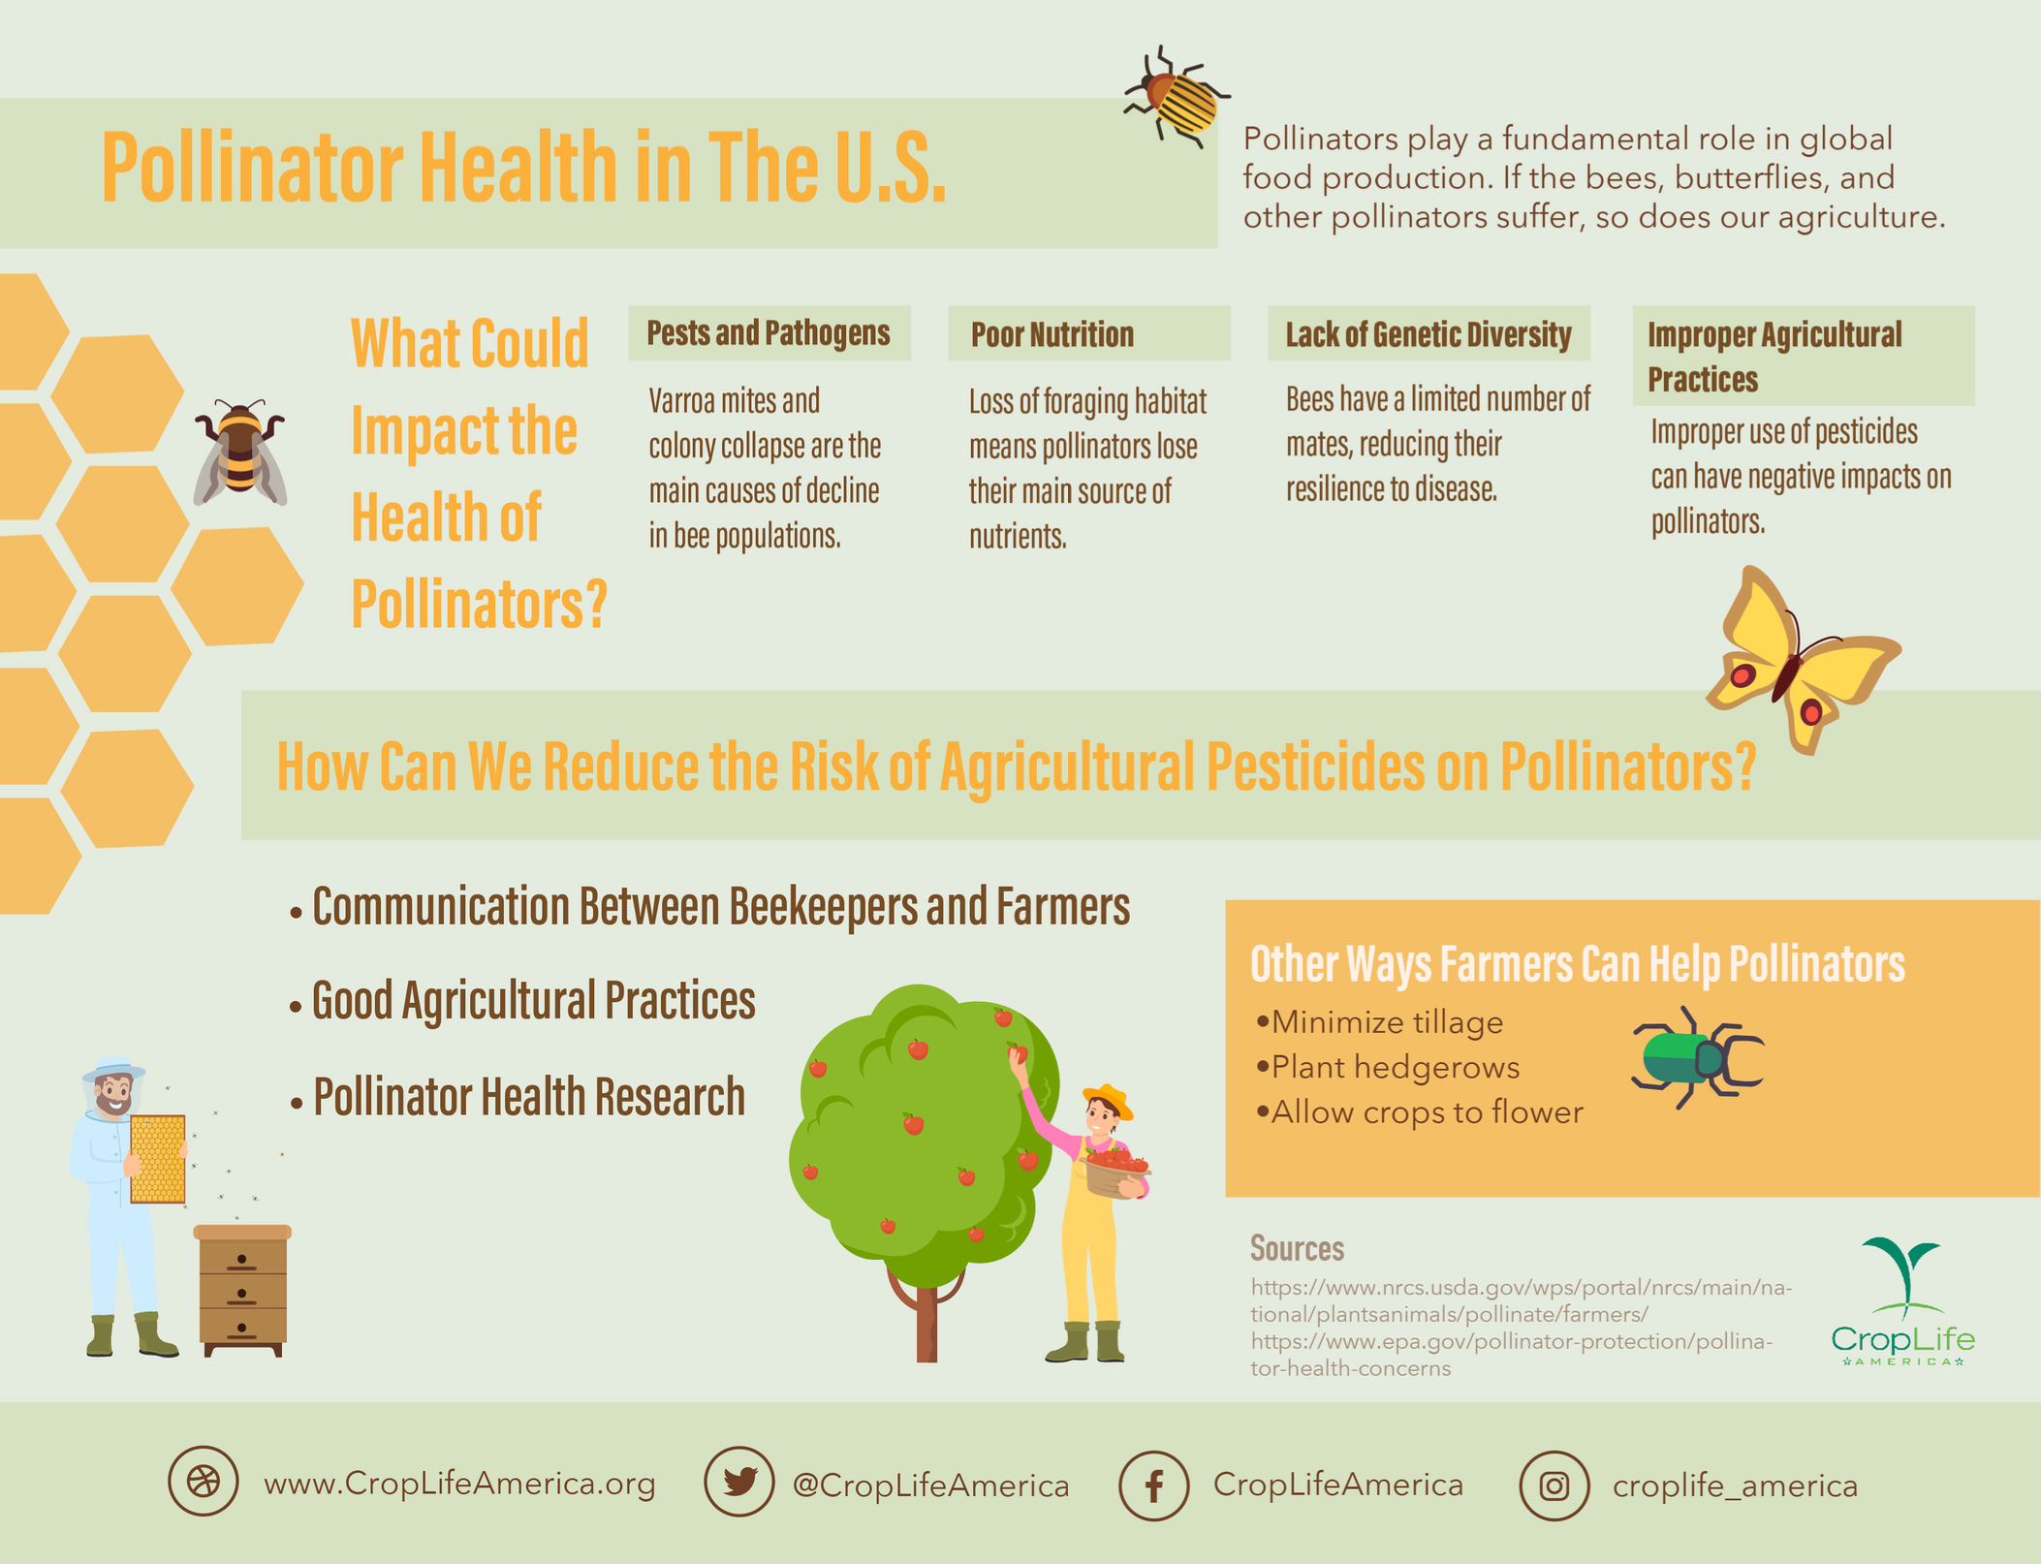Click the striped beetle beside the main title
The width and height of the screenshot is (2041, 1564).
tap(1177, 97)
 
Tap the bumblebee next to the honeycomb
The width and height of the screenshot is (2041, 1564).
tap(239, 454)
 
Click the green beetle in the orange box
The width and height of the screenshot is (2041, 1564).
tap(1695, 1057)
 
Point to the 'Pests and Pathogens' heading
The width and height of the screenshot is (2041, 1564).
tap(768, 333)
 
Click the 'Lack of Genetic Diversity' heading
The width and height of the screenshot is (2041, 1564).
tap(1428, 335)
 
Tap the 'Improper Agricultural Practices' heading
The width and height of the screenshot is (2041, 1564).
tap(1774, 357)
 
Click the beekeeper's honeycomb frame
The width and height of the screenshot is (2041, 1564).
tap(157, 1159)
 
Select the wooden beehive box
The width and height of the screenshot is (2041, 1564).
tap(242, 1290)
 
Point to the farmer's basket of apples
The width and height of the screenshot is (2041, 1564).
tap(1115, 1172)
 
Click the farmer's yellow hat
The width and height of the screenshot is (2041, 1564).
tap(1108, 1100)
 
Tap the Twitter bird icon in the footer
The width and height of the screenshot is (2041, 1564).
tap(738, 1482)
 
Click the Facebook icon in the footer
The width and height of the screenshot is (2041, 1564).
tap(1153, 1486)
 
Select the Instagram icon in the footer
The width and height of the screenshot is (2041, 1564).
tap(1554, 1486)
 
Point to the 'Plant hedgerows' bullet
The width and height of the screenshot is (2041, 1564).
tap(1395, 1068)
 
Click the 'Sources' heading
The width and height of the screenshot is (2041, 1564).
tap(1297, 1248)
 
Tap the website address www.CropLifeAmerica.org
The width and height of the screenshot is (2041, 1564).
tap(459, 1484)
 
